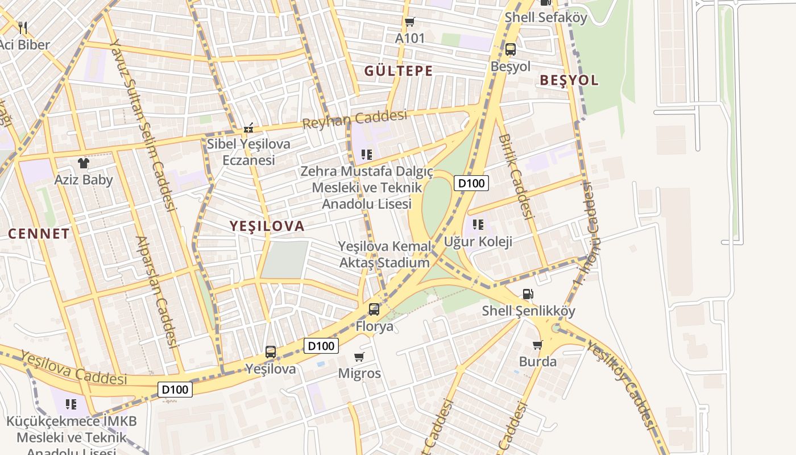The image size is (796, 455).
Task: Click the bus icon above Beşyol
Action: (x=511, y=49)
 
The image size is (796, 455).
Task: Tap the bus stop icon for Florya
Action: (x=374, y=309)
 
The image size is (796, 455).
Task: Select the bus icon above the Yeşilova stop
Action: (x=271, y=352)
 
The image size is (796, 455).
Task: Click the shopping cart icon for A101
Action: (x=409, y=22)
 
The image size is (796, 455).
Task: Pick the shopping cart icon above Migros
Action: (x=359, y=357)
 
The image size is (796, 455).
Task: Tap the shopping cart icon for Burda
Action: (x=537, y=345)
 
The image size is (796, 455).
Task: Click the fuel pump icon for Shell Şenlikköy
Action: (x=528, y=294)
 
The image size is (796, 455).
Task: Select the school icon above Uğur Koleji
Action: (x=478, y=225)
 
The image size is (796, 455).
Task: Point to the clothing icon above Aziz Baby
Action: (x=84, y=163)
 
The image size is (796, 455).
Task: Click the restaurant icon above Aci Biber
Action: (x=23, y=27)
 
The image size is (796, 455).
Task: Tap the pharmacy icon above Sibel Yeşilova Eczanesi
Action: (x=248, y=128)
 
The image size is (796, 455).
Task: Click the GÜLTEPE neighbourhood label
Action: (x=399, y=71)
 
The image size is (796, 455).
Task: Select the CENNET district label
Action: (x=39, y=233)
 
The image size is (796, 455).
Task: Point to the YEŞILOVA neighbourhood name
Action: (x=267, y=226)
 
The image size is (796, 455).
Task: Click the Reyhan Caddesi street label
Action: (x=355, y=119)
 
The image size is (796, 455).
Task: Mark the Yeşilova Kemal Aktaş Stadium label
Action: (x=384, y=255)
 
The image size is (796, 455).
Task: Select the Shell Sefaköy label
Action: (x=546, y=18)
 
